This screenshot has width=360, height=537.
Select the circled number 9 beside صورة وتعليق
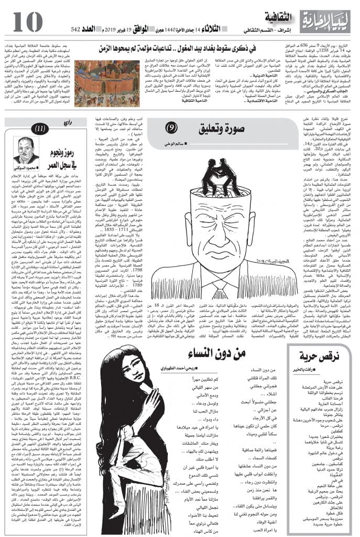pos(171,128)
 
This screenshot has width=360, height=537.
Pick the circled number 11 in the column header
pos(40,128)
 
